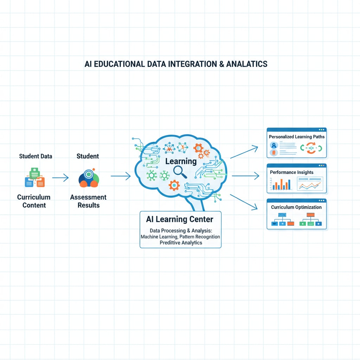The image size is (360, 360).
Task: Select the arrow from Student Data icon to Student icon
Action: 60,178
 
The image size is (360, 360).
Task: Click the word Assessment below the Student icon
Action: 88,197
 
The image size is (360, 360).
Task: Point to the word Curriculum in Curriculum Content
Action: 34,197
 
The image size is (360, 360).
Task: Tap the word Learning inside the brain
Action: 181,161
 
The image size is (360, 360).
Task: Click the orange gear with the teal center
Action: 174,185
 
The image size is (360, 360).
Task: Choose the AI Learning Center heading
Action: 180,219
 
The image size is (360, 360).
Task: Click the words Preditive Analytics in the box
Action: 181,243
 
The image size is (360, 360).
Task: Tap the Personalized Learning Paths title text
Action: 297,136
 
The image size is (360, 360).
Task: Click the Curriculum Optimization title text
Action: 296,207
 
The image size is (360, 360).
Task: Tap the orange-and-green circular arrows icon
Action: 311,148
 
